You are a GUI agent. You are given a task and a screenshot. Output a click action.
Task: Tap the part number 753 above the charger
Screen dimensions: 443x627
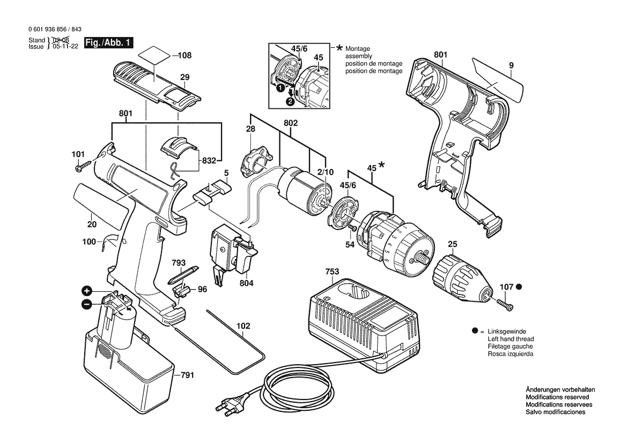click(x=333, y=272)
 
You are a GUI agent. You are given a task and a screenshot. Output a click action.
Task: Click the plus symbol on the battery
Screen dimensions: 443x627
click(x=86, y=291)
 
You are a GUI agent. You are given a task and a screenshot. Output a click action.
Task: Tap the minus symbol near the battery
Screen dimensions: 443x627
click(x=86, y=305)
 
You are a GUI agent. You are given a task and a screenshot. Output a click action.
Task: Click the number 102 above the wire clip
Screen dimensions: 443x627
click(x=243, y=326)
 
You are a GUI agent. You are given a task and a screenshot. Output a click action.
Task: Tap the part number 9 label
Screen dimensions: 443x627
click(x=511, y=65)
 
